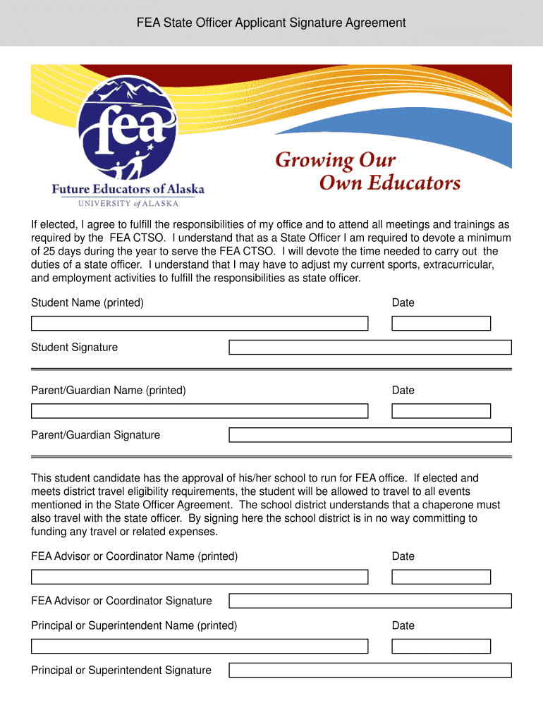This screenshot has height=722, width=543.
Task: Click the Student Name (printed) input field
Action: click(200, 324)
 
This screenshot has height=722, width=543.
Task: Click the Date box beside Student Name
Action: click(441, 324)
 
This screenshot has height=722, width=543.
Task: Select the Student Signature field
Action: click(370, 348)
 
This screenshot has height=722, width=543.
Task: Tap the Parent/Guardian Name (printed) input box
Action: click(200, 411)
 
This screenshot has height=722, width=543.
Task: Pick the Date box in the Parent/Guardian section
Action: click(441, 411)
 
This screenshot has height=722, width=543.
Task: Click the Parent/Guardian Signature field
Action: click(370, 435)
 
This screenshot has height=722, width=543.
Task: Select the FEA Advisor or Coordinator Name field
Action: click(200, 577)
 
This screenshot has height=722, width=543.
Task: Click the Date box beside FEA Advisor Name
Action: click(441, 577)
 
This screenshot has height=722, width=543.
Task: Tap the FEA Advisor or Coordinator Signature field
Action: click(370, 601)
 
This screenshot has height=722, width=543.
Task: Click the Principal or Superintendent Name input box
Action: click(200, 646)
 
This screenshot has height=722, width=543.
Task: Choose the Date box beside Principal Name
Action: click(441, 646)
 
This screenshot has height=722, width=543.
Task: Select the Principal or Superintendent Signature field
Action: click(370, 670)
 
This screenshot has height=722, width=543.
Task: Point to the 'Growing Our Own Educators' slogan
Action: click(367, 171)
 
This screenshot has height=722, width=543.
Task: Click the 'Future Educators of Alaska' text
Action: click(128, 189)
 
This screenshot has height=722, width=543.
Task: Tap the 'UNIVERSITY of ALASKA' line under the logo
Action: click(128, 204)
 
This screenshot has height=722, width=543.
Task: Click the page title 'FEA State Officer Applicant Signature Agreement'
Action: click(271, 23)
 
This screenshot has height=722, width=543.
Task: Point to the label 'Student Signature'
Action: click(74, 348)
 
